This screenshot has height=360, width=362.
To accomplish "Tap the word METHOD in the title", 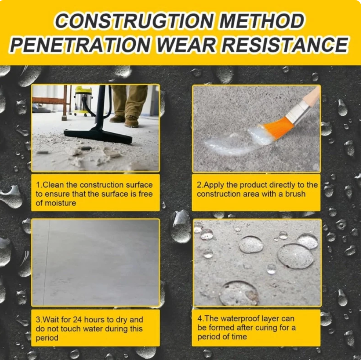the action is [261, 21].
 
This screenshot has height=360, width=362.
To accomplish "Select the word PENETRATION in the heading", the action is [80, 44].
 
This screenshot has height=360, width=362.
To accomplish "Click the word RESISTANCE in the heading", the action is [284, 44].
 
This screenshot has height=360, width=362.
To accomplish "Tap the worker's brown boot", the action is [132, 121].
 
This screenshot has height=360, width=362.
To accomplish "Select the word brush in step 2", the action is [295, 194].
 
